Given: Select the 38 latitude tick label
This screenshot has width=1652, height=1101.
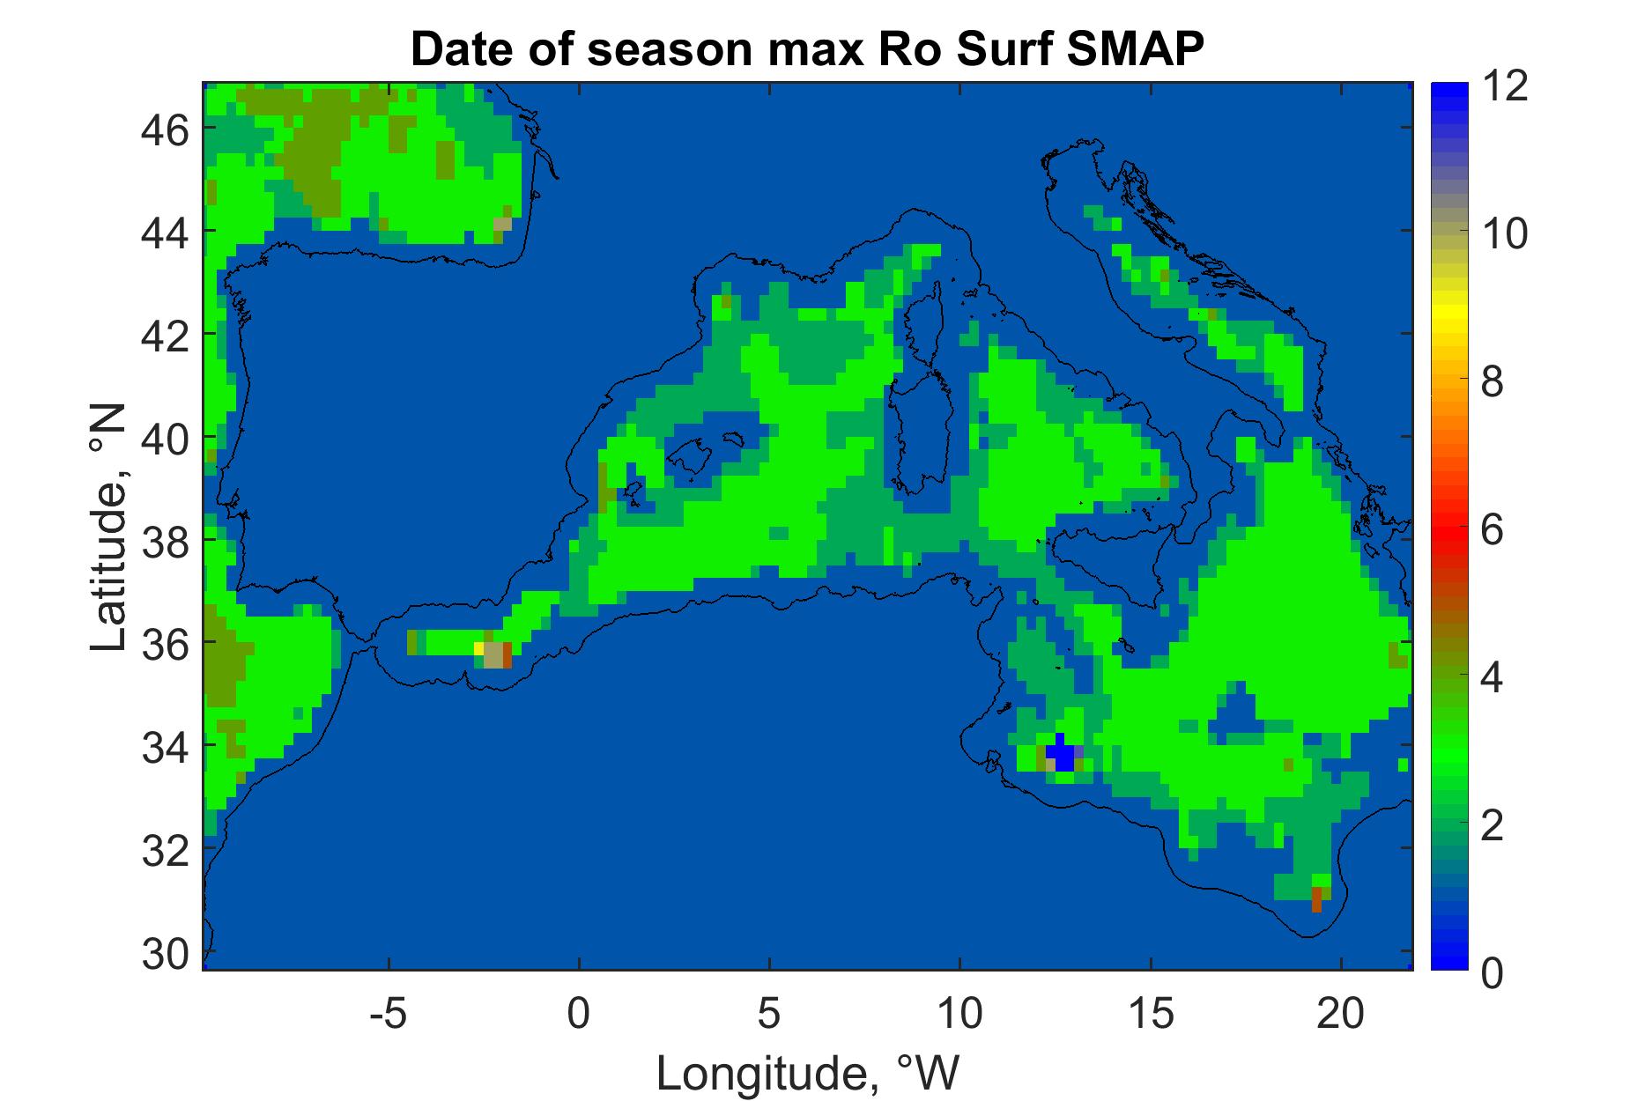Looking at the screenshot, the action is (166, 540).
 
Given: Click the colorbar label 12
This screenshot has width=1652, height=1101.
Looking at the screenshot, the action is (1504, 88).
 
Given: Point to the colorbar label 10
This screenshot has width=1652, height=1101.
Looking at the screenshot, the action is (1504, 235).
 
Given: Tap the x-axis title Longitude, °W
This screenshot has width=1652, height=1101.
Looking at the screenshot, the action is (807, 1072).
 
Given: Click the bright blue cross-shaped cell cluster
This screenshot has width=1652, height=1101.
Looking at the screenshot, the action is (1060, 753).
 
